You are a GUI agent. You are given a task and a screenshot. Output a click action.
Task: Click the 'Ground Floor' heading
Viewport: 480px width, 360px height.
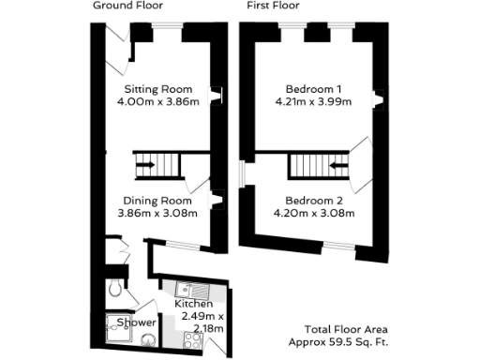point(125,6)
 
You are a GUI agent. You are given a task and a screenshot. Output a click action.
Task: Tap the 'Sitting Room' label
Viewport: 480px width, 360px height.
point(157,90)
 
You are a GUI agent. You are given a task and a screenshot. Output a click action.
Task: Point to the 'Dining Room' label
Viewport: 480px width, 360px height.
point(157,200)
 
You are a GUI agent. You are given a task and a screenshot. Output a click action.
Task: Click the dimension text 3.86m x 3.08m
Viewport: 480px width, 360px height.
point(157,213)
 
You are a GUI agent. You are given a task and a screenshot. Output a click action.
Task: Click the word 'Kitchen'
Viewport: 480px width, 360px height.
point(194,306)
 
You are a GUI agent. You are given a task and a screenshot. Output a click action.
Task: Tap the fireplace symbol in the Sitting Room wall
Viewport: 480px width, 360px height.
point(217,94)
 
